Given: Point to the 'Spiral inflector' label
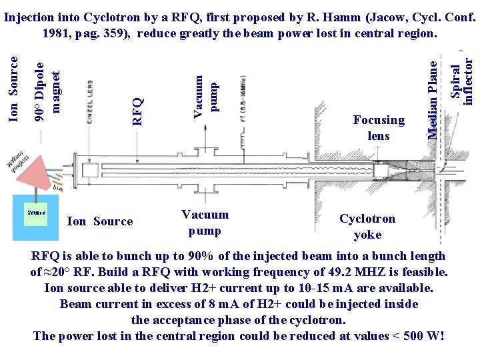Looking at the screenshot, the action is coord(462,79).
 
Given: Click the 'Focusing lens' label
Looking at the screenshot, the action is coord(379,127).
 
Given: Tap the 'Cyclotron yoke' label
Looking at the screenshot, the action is coord(367,226).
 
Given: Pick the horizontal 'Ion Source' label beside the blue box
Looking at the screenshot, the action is coord(100,221).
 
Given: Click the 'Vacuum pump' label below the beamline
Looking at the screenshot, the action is coord(205,222).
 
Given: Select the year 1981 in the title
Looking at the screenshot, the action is coord(57,33).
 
